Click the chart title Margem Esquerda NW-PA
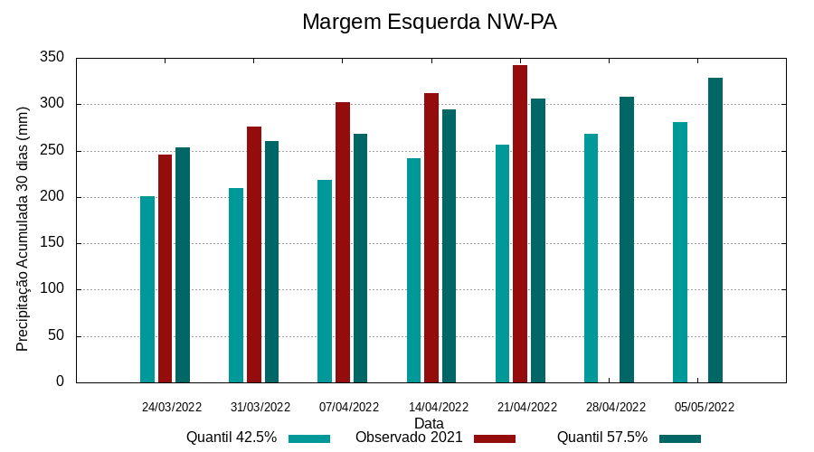pyautogui.click(x=429, y=22)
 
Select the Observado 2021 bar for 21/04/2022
pyautogui.click(x=520, y=223)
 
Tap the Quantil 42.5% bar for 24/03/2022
pyautogui.click(x=147, y=289)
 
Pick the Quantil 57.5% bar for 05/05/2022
pyautogui.click(x=715, y=230)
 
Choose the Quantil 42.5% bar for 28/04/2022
pyautogui.click(x=591, y=258)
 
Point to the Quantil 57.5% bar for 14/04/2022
pyautogui.click(x=449, y=246)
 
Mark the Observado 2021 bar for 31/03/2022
pyautogui.click(x=254, y=254)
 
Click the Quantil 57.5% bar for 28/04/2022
pyautogui.click(x=627, y=240)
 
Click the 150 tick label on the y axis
pyautogui.click(x=53, y=243)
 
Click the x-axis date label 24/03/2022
pyautogui.click(x=172, y=407)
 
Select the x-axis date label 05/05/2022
pyautogui.click(x=705, y=407)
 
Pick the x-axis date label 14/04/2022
pyautogui.click(x=439, y=407)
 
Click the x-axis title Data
pyautogui.click(x=429, y=423)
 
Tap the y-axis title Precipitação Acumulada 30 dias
pyautogui.click(x=24, y=229)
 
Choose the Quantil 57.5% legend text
pyautogui.click(x=602, y=438)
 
